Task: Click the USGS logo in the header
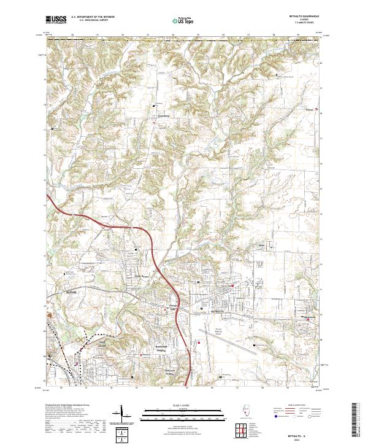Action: [x=56, y=20]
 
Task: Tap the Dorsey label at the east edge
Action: [x=310, y=112]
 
